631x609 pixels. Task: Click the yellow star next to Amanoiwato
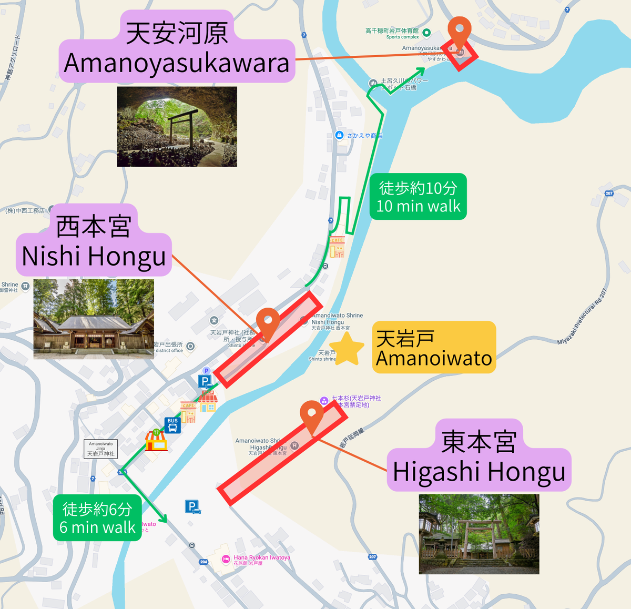click(347, 349)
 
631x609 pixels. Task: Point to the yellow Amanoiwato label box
click(434, 348)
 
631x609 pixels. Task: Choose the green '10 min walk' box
click(418, 197)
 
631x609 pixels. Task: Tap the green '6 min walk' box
click(97, 517)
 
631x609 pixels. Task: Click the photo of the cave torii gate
click(177, 127)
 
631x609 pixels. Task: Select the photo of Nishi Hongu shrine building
click(94, 319)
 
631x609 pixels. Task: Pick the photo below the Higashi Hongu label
click(479, 534)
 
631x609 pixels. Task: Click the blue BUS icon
click(172, 424)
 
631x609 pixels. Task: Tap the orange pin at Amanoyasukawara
click(459, 33)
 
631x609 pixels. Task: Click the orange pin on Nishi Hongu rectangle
click(268, 322)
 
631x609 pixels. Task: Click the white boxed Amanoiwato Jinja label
click(100, 449)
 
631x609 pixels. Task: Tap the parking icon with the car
click(192, 507)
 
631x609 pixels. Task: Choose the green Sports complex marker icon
click(426, 33)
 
